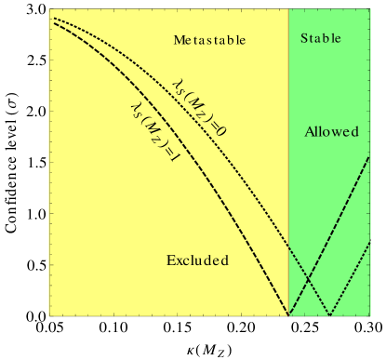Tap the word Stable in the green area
click(x=321, y=39)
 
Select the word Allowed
click(x=331, y=132)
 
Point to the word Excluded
click(x=197, y=260)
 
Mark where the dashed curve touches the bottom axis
click(x=289, y=315)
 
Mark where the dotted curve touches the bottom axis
click(x=330, y=315)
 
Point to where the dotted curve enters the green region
click(x=288, y=244)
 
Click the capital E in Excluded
click(x=171, y=260)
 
